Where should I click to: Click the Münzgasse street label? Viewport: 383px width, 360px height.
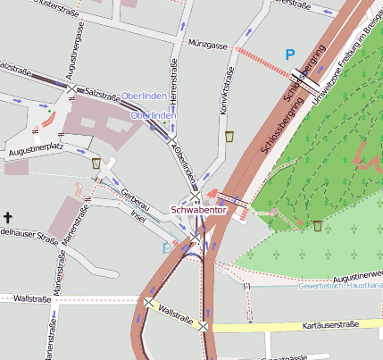click(x=207, y=42)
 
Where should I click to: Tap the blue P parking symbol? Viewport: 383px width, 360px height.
click(x=289, y=54)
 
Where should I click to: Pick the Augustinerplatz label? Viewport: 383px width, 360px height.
click(x=35, y=154)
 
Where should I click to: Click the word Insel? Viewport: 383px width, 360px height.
click(x=137, y=215)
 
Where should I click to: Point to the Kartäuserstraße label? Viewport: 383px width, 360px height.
click(x=329, y=324)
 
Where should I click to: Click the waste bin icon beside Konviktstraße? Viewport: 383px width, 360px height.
click(x=229, y=137)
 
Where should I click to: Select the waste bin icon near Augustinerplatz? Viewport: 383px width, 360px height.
click(x=96, y=163)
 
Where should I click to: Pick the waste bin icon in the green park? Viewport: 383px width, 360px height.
click(x=318, y=225)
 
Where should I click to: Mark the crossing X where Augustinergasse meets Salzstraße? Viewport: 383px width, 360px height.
click(x=71, y=88)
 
